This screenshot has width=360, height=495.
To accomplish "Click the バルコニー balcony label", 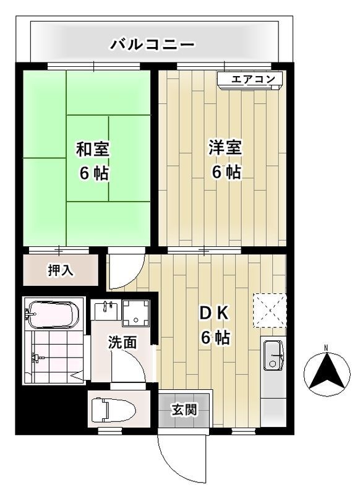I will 152,45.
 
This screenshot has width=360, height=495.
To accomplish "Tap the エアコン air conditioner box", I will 250,79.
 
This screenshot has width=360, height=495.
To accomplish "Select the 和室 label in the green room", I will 93,149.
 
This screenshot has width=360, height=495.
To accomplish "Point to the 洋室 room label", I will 225,148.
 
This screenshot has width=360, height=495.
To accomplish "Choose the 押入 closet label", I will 61,270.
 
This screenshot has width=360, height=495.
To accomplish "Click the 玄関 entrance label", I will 184,410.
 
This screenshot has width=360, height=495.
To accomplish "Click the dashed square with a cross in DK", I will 270,309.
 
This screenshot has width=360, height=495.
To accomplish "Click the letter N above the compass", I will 327,347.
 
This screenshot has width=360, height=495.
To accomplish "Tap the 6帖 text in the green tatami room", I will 93,173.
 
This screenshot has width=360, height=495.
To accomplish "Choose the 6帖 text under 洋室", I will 225,173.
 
